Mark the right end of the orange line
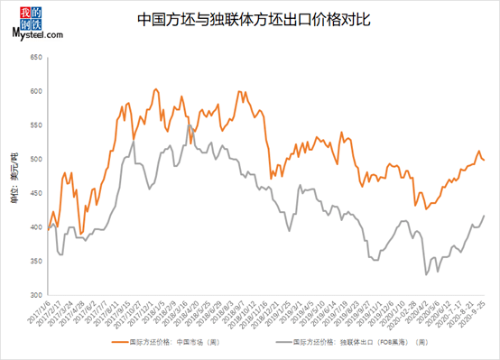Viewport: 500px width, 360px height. [x=485, y=160]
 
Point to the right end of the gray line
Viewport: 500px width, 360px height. [x=485, y=216]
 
